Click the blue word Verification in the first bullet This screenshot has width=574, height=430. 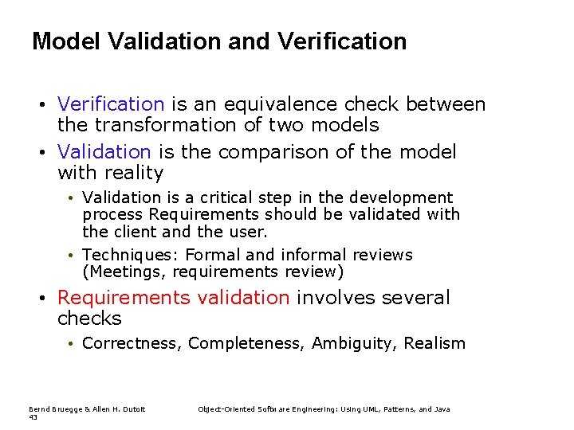(110, 104)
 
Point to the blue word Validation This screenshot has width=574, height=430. (104, 151)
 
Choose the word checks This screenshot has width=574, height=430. (89, 319)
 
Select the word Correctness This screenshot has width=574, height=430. (132, 343)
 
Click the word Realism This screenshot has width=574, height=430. (434, 343)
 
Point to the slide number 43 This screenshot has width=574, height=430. (33, 416)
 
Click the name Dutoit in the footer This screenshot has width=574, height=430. (133, 409)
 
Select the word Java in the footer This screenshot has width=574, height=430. (442, 409)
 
